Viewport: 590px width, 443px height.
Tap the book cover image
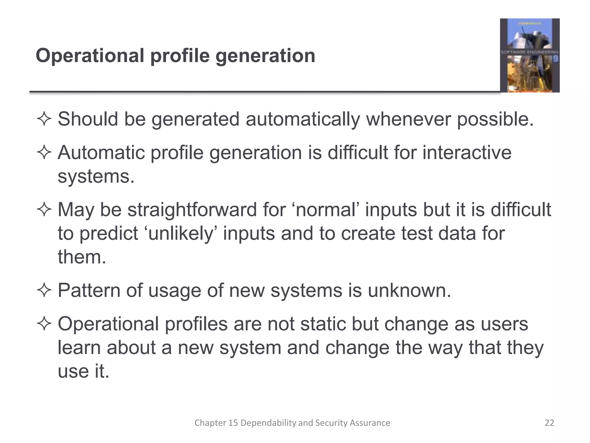point(530,55)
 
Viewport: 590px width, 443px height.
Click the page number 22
point(549,423)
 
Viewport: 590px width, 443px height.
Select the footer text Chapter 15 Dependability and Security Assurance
point(292,423)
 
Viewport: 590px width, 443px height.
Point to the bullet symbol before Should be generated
point(44,119)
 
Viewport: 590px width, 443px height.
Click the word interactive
point(467,153)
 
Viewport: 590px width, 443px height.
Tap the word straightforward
point(192,209)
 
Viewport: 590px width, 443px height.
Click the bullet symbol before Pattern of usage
point(44,290)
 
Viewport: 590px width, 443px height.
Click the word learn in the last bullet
point(79,348)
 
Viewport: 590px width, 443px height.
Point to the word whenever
point(409,119)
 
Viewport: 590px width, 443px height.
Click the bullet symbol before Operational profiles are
point(44,324)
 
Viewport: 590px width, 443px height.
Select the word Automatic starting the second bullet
point(101,153)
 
